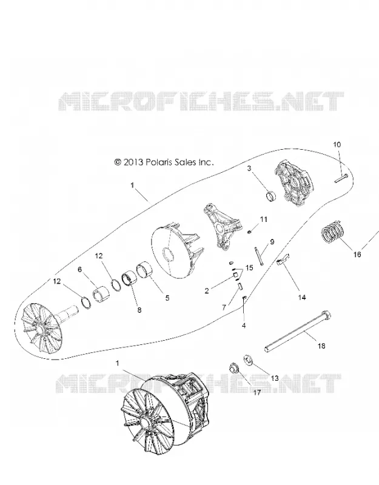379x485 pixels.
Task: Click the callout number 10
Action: pos(337,144)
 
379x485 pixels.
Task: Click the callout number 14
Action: pos(302,297)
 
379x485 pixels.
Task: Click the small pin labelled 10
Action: pos(341,178)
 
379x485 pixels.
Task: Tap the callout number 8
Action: pos(139,310)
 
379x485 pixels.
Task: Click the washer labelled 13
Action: pos(248,360)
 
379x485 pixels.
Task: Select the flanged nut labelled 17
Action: pos(234,369)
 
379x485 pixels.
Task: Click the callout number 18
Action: pos(321,346)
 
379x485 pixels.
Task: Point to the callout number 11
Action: pos(263,219)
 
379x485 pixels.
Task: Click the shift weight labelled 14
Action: pos(283,259)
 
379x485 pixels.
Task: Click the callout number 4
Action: pos(244,326)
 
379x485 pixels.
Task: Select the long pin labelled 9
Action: pos(259,256)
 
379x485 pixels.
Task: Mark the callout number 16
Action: pos(357,254)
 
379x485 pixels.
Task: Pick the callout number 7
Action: pos(224,308)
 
